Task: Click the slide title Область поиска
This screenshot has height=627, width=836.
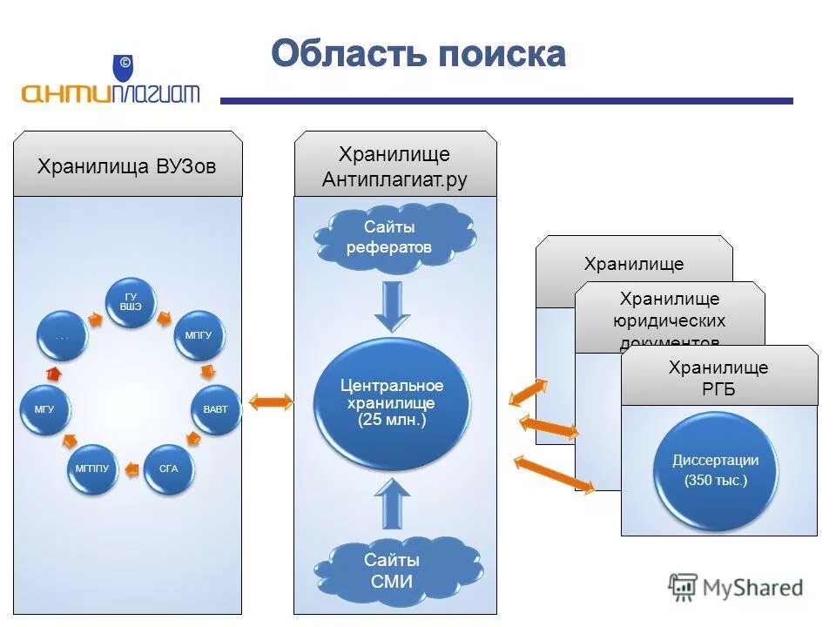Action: (x=418, y=54)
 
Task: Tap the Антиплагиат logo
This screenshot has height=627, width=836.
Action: (x=111, y=84)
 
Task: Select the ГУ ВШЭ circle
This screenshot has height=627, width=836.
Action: (x=131, y=304)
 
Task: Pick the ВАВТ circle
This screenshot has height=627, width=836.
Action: (x=215, y=408)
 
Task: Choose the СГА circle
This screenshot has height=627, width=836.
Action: (x=168, y=469)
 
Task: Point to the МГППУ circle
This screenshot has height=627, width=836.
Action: (x=91, y=469)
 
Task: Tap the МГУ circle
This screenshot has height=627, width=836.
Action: (x=45, y=408)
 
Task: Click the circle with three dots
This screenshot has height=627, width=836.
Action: (x=62, y=335)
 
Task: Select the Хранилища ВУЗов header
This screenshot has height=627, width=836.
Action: (x=127, y=165)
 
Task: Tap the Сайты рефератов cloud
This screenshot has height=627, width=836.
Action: (x=388, y=237)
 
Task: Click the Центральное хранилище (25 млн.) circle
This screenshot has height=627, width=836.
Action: (x=392, y=403)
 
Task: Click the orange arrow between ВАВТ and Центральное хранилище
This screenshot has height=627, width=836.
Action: (x=271, y=401)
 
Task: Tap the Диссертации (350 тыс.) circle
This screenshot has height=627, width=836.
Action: (x=715, y=470)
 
